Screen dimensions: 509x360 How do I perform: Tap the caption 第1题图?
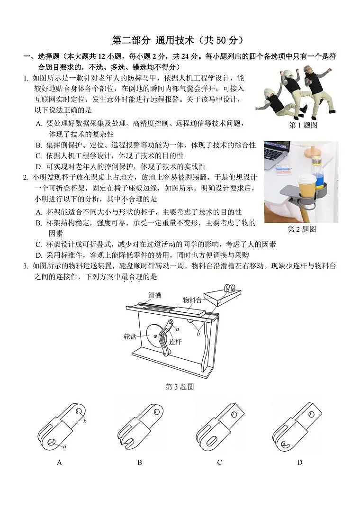click(303, 125)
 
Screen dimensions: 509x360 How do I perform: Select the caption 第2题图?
click(301, 229)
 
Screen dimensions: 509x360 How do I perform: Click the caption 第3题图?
click(180, 387)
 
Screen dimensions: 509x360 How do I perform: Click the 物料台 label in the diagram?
click(192, 300)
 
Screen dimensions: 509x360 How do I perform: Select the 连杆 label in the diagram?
click(176, 341)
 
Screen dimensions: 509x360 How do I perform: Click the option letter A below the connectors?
click(60, 462)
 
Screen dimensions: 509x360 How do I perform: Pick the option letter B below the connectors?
click(139, 462)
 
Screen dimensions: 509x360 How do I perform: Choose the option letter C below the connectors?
click(219, 462)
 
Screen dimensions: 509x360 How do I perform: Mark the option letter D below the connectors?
click(299, 462)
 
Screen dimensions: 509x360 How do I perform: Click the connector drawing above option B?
click(140, 427)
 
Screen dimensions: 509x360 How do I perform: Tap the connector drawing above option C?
click(220, 427)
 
